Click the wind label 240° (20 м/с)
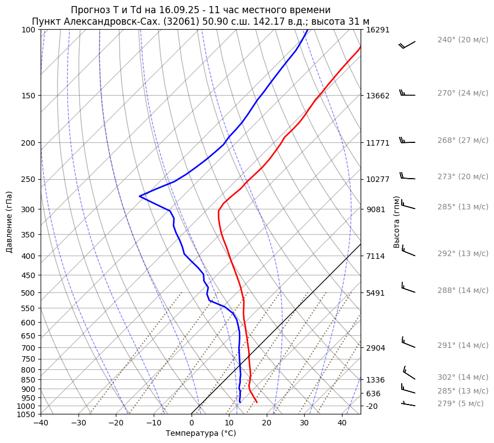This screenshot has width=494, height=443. (463, 40)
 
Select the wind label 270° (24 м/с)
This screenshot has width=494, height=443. (463, 93)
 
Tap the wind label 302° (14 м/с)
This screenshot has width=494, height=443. (463, 378)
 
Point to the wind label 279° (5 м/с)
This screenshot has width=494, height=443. (461, 404)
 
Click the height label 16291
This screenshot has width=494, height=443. (378, 30)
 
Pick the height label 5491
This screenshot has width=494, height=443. (375, 293)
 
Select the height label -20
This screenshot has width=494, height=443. (372, 406)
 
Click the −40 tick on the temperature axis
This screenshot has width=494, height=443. (41, 423)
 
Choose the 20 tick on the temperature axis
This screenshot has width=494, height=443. (267, 423)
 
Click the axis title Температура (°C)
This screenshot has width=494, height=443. (201, 434)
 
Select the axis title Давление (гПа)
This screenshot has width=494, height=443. (9, 221)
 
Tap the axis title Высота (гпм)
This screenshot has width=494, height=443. (396, 221)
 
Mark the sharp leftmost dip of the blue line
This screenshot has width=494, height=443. (140, 196)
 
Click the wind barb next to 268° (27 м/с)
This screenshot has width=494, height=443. (407, 141)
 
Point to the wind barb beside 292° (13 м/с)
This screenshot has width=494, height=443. (408, 251)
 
